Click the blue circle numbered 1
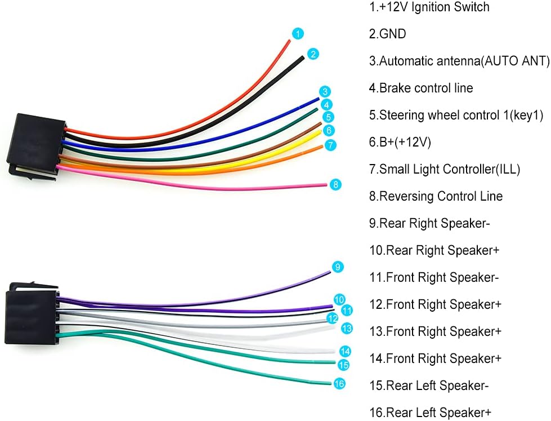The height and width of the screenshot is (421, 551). pyautogui.click(x=298, y=34)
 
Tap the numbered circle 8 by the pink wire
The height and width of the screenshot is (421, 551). pyautogui.click(x=335, y=184)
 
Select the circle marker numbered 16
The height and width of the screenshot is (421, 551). pyautogui.click(x=339, y=383)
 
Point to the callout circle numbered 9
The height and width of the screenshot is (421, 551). pyautogui.click(x=338, y=267)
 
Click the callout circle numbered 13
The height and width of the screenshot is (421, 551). pyautogui.click(x=347, y=329)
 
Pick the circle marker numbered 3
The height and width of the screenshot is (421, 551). pyautogui.click(x=325, y=91)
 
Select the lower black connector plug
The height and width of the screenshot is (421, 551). pyautogui.click(x=32, y=313)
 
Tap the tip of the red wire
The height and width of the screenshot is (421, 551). pyautogui.click(x=290, y=41)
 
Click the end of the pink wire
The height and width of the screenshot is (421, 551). pyautogui.click(x=327, y=184)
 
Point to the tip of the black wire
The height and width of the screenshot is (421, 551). pyautogui.click(x=303, y=57)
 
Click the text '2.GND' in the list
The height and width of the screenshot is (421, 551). pyautogui.click(x=388, y=34)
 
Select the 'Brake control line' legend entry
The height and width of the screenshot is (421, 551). pyautogui.click(x=421, y=88)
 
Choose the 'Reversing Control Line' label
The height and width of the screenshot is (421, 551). pyautogui.click(x=436, y=196)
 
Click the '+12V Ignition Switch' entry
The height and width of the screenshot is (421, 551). pyautogui.click(x=429, y=7)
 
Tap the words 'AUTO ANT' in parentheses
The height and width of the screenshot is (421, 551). pyautogui.click(x=515, y=61)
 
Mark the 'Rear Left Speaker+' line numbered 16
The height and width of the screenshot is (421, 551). pyautogui.click(x=430, y=412)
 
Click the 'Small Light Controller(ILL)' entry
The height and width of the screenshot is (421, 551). pyautogui.click(x=445, y=169)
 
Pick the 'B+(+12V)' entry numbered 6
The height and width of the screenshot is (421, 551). pyautogui.click(x=400, y=142)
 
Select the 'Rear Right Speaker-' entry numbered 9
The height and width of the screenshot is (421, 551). pyautogui.click(x=429, y=223)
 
